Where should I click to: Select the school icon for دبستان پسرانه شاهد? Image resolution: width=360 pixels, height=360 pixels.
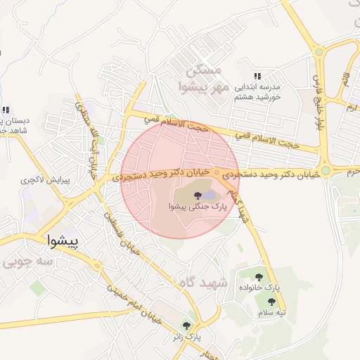[6, 110]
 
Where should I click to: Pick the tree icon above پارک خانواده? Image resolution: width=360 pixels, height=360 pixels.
[262, 277]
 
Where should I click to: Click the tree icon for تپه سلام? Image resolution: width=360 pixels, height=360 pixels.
[271, 301]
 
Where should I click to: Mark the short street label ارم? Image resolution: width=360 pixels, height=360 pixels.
[351, 108]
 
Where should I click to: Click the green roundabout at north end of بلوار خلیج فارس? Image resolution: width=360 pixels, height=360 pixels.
[318, 51]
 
